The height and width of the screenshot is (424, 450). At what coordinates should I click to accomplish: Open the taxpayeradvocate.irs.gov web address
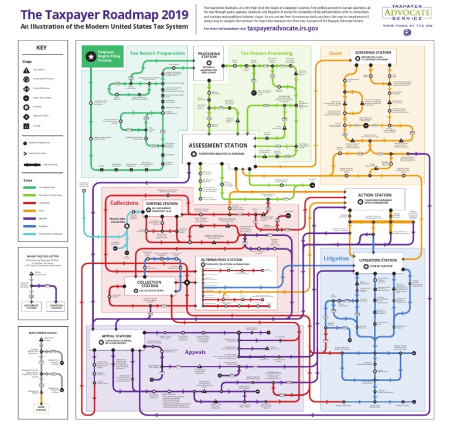282,28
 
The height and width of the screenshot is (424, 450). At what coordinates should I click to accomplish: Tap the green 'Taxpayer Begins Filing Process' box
102,56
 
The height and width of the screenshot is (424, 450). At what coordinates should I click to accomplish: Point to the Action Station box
375,198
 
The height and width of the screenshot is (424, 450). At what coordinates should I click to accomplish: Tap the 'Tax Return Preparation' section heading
154,53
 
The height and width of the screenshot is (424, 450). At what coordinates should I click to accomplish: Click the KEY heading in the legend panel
40,48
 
